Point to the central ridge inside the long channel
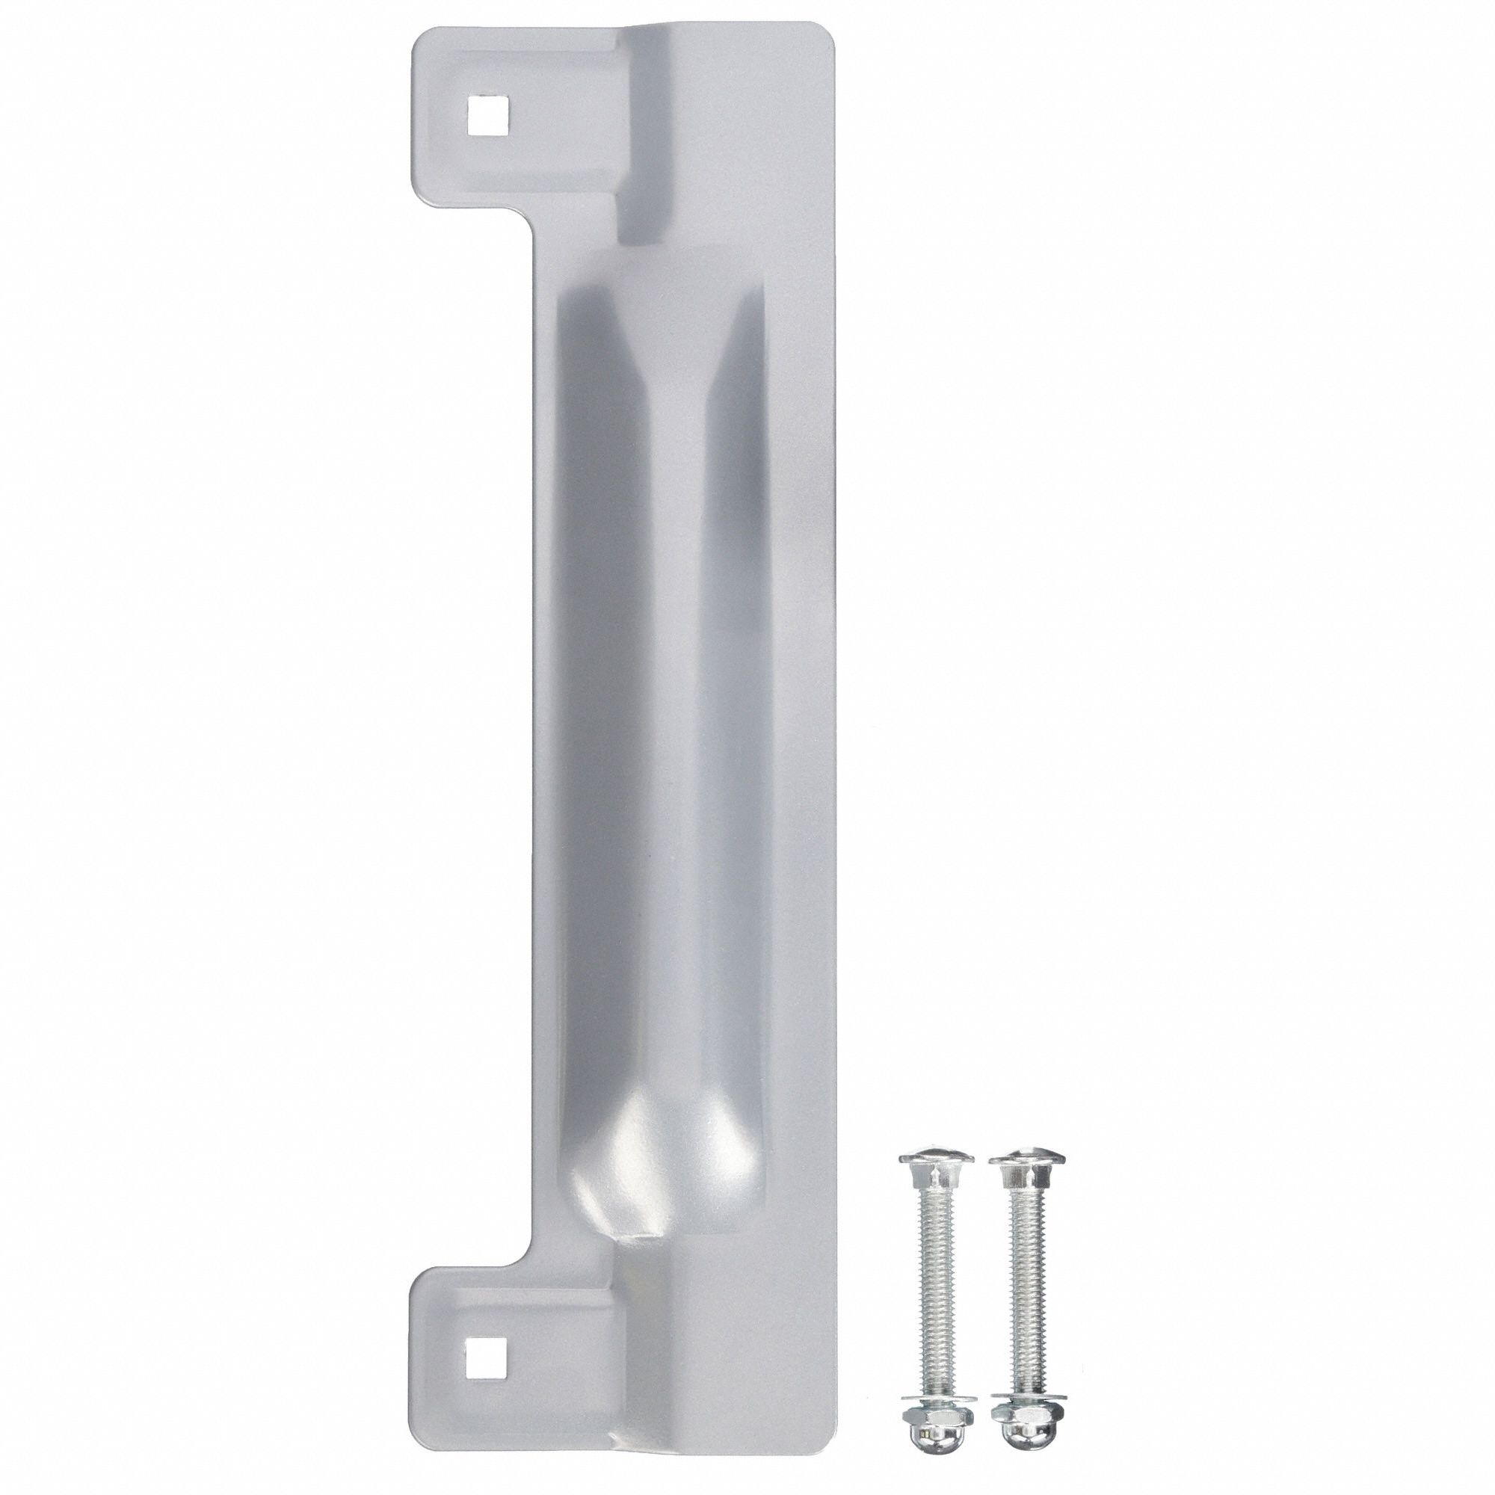673,697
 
